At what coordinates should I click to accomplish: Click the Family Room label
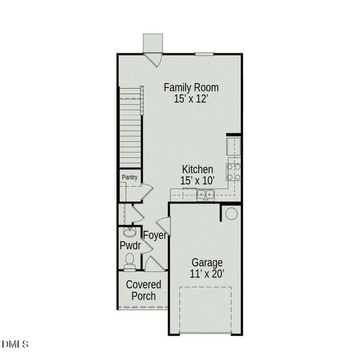(x=191, y=88)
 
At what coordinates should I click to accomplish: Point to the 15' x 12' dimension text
(x=191, y=100)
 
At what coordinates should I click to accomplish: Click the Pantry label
(x=130, y=178)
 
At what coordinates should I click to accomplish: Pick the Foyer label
(x=154, y=235)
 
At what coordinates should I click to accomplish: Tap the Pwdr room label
(x=130, y=245)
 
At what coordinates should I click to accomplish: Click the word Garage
(x=207, y=262)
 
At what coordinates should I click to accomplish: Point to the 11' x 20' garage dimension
(x=207, y=274)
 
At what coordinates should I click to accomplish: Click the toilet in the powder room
(x=130, y=260)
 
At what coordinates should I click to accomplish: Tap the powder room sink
(x=128, y=232)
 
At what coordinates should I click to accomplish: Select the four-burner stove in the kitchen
(x=234, y=172)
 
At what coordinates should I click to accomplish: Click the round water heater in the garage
(x=231, y=213)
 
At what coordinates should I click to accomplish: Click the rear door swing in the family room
(x=153, y=59)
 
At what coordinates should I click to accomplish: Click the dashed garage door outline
(x=206, y=309)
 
